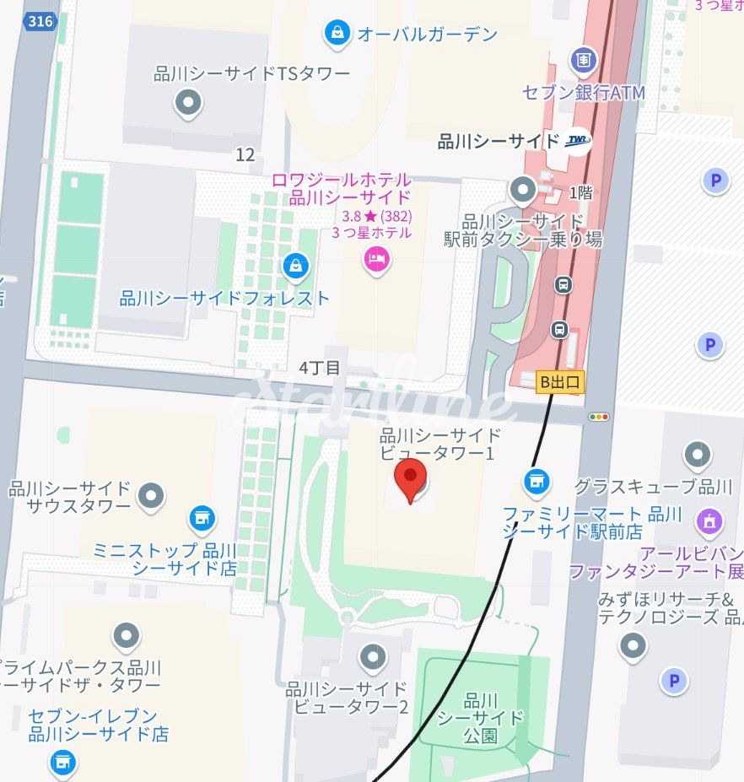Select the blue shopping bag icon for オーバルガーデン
click(x=337, y=34)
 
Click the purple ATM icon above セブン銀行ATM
click(x=583, y=59)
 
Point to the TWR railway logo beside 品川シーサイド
click(x=578, y=141)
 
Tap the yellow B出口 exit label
click(x=560, y=382)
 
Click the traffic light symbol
click(x=599, y=417)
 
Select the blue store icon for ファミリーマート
click(x=536, y=482)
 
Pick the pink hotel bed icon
click(x=376, y=258)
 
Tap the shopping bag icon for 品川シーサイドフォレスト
click(x=296, y=267)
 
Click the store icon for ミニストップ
click(x=202, y=518)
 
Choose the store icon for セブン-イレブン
click(x=62, y=762)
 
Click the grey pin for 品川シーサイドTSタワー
click(x=187, y=104)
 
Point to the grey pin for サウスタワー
click(x=152, y=496)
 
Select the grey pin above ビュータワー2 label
click(x=372, y=656)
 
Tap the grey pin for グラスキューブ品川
click(x=698, y=456)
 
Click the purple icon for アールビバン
click(x=709, y=521)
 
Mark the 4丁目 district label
click(x=320, y=368)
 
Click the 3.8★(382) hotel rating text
click(x=371, y=216)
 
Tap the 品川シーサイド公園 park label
click(x=481, y=717)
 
